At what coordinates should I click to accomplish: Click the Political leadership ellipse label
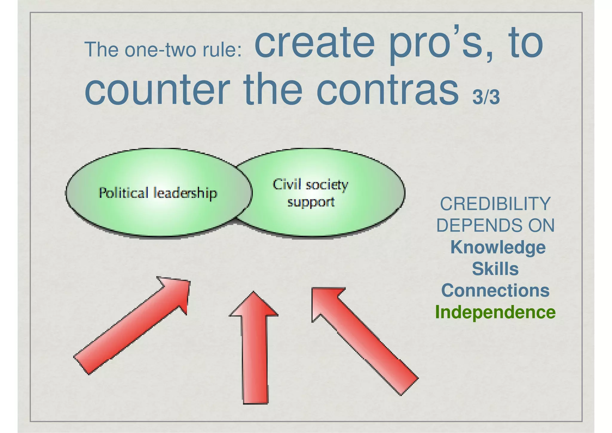pos(158,193)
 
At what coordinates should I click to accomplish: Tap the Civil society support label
pos(310,193)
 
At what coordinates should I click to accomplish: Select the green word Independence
pos(495,312)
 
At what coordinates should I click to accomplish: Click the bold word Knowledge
pos(498,248)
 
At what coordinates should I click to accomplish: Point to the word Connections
pos(495,291)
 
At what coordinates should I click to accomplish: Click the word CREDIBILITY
pos(495,204)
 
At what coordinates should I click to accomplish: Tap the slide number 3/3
pos(486,97)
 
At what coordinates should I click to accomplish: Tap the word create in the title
pos(315,43)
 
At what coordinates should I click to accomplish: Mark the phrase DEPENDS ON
pos(495,226)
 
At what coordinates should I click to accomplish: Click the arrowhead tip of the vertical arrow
pos(254,293)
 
